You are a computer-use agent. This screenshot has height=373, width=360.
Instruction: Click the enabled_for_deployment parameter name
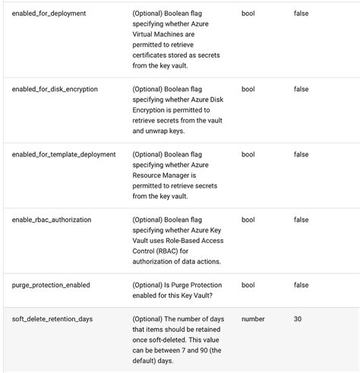49,14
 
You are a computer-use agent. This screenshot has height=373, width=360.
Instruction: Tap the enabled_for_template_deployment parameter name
64,154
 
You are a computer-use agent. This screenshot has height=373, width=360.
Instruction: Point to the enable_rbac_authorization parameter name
52,220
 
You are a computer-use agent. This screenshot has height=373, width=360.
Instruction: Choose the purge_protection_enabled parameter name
51,285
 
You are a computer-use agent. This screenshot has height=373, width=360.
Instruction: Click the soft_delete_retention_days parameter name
52,319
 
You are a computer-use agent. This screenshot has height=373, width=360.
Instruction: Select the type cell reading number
253,319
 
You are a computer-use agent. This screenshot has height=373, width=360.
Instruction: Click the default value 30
298,319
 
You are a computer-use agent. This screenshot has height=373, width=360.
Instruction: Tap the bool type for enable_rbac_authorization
248,220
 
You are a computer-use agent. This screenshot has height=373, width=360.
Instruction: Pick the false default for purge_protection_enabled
301,285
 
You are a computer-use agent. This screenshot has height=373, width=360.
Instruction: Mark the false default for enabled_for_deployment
301,14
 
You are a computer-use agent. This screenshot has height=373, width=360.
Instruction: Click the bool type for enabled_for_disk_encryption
248,89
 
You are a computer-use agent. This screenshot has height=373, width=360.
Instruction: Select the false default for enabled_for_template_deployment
301,154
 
